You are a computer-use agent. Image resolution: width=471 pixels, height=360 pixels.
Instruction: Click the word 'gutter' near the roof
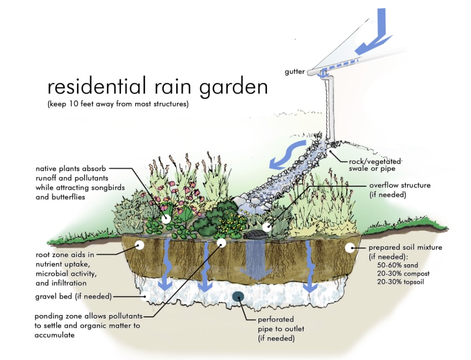[x=294, y=72]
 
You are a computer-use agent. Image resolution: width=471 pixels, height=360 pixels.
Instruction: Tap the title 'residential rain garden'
[x=158, y=86]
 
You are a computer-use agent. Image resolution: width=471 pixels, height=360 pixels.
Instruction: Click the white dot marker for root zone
[x=140, y=245]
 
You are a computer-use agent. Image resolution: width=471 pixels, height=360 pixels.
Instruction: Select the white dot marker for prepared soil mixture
[x=350, y=248]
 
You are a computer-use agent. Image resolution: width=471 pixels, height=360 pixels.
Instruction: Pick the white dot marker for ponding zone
[x=222, y=243]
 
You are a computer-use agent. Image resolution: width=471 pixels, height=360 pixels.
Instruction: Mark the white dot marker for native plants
[x=166, y=219]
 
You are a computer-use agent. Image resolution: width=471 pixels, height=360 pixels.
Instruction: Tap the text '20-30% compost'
[x=403, y=274]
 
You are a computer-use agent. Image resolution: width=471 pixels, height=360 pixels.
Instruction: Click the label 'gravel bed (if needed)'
[x=73, y=297]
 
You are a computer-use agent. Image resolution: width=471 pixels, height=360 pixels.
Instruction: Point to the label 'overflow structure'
[x=400, y=185]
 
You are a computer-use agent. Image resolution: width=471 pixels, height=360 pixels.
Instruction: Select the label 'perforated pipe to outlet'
[x=281, y=324]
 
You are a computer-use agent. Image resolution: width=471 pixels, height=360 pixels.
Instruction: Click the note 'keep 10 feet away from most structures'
[x=118, y=104]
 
